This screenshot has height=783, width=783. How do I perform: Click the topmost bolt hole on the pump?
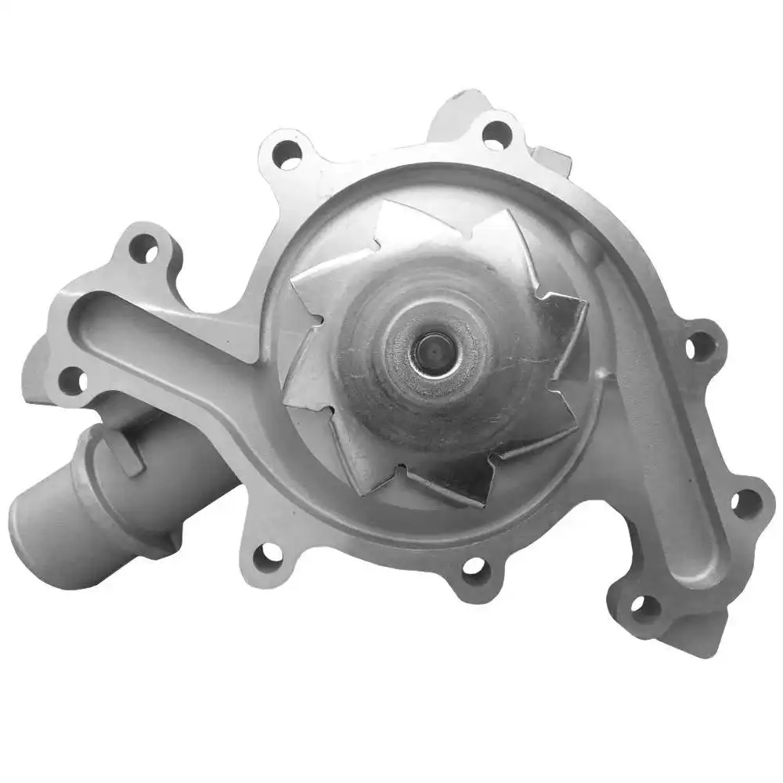[496, 134]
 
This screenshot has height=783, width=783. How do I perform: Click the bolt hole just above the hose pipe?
[73, 380]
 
